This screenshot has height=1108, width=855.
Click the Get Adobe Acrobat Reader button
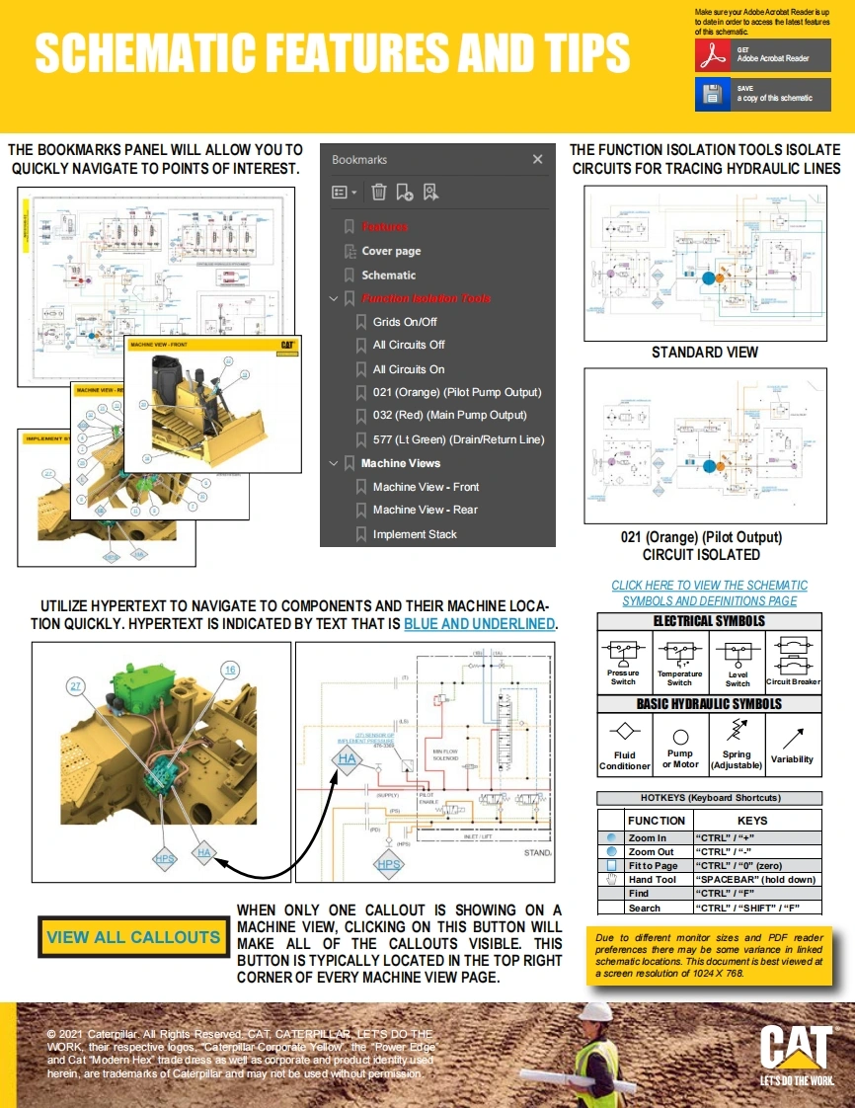click(762, 55)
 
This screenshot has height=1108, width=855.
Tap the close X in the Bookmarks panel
click(537, 159)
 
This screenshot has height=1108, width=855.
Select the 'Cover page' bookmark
click(391, 251)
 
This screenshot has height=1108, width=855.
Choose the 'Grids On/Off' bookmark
click(405, 322)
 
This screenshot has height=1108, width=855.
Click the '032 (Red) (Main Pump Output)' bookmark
click(449, 415)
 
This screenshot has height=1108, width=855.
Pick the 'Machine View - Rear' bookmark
click(425, 510)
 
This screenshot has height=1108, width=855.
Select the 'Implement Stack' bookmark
click(415, 534)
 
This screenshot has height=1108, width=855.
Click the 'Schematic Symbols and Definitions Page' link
click(709, 594)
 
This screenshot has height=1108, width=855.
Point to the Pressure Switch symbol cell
click(623, 661)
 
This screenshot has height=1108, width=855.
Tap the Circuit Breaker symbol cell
click(793, 661)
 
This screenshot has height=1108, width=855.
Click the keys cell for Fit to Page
click(756, 865)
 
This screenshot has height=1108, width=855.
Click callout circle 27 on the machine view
click(76, 685)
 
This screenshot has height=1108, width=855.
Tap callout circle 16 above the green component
click(229, 671)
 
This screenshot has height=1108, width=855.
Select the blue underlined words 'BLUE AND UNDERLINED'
click(480, 624)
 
